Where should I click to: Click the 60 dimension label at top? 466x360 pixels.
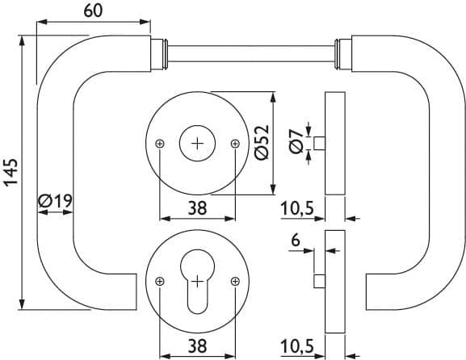[93, 10]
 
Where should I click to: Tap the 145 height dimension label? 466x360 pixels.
[11, 173]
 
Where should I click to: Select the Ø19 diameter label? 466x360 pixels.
[55, 201]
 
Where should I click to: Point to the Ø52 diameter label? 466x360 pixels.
[262, 142]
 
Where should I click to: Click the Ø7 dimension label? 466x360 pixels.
[296, 142]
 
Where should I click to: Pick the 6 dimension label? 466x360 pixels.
[296, 241]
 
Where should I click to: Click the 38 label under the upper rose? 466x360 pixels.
[197, 208]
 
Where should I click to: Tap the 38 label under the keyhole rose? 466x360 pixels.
[197, 346]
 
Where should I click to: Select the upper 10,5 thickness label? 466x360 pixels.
[297, 208]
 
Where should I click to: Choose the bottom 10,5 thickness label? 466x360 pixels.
[297, 346]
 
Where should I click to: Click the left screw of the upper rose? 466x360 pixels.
[160, 144]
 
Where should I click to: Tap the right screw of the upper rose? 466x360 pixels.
[235, 144]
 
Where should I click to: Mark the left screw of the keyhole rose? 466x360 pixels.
[160, 281]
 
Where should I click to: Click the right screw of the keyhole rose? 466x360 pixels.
[235, 281]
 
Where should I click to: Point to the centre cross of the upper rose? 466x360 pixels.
[197, 144]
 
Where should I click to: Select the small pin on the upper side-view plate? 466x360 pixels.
[320, 143]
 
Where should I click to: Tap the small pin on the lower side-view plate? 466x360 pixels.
[320, 282]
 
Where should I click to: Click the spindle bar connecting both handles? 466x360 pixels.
[251, 54]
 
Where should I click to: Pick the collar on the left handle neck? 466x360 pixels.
[159, 54]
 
